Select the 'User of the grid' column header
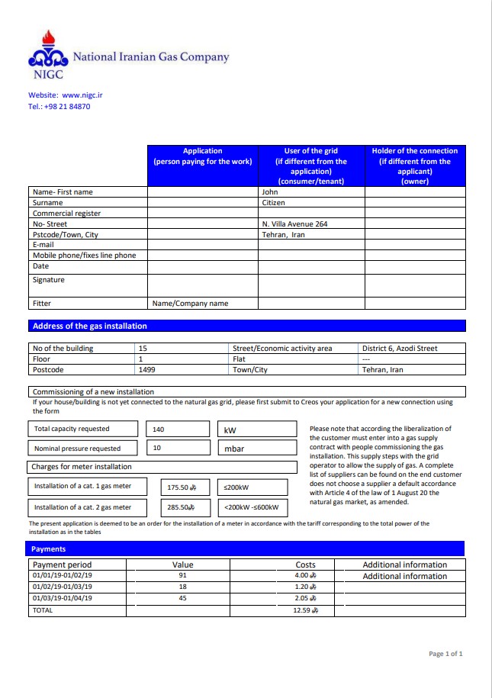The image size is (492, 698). pos(311,166)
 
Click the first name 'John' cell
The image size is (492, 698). pos(270,192)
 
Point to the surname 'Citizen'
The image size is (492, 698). pos(274,203)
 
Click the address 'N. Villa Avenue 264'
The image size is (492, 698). pos(294,224)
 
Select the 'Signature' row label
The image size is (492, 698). pos(49,280)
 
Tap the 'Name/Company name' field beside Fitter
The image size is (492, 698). pos(190,304)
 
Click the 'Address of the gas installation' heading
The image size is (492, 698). pos(90,326)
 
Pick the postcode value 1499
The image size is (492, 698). pos(146,370)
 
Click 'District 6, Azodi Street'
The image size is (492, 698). pos(400,349)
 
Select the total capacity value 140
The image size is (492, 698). pos(159,429)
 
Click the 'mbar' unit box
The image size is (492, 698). pos(234,449)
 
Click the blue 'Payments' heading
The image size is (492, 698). pos(49,548)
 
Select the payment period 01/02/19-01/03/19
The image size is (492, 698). pos(63,587)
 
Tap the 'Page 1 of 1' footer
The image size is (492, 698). pos(445,654)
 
